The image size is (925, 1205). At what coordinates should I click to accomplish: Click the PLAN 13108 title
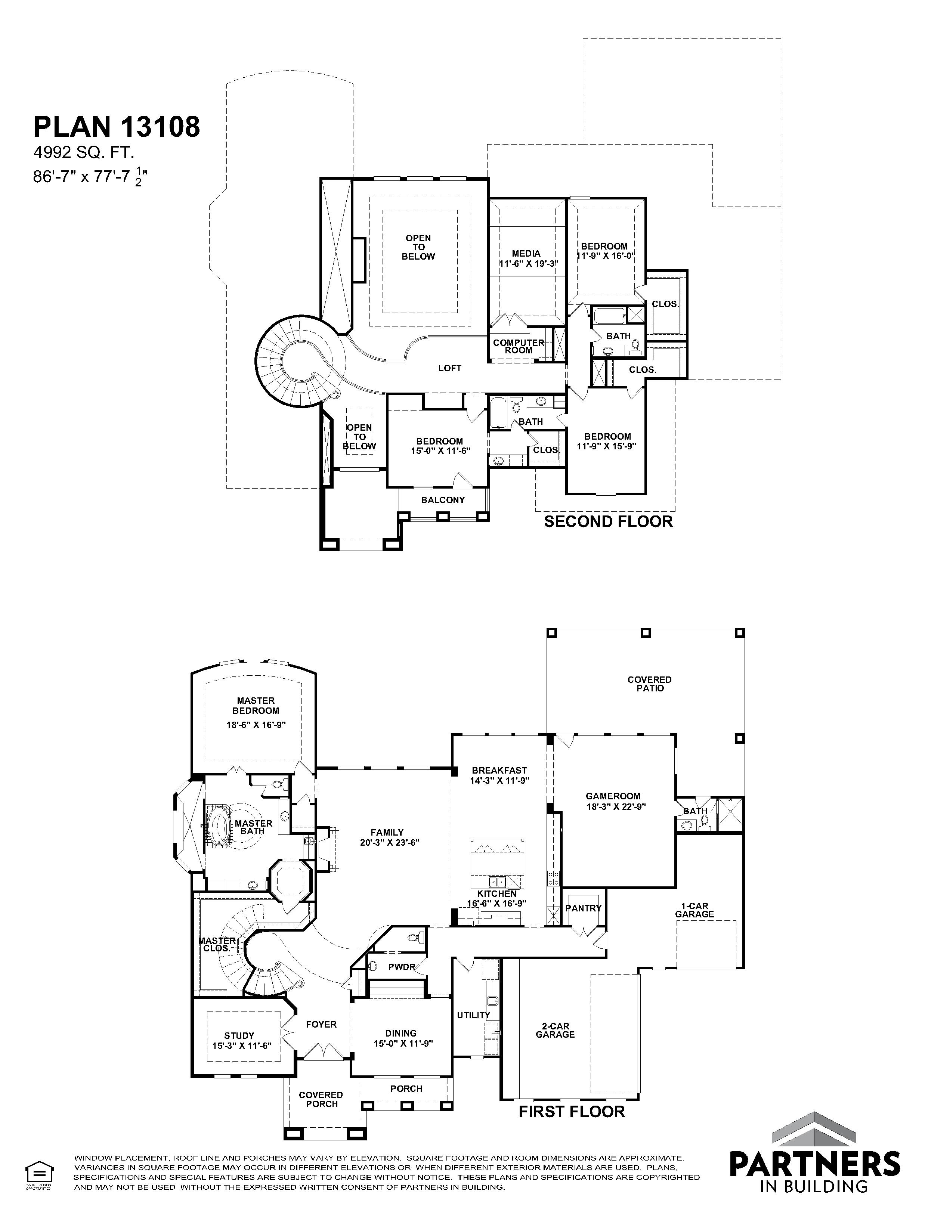tap(116, 127)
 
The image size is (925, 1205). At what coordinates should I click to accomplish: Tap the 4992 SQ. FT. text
tap(84, 152)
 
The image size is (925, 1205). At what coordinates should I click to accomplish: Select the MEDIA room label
tap(526, 253)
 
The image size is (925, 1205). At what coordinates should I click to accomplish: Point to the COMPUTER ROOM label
tap(518, 346)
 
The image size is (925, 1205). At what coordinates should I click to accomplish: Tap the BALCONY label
tap(443, 500)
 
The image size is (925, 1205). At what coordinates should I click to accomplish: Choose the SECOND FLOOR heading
tap(609, 521)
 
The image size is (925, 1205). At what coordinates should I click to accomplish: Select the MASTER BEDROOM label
tap(256, 706)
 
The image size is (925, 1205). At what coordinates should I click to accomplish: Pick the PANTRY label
tap(584, 908)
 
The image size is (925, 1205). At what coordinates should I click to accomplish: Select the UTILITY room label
tap(473, 1015)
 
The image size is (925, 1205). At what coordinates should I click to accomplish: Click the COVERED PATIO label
tap(650, 684)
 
